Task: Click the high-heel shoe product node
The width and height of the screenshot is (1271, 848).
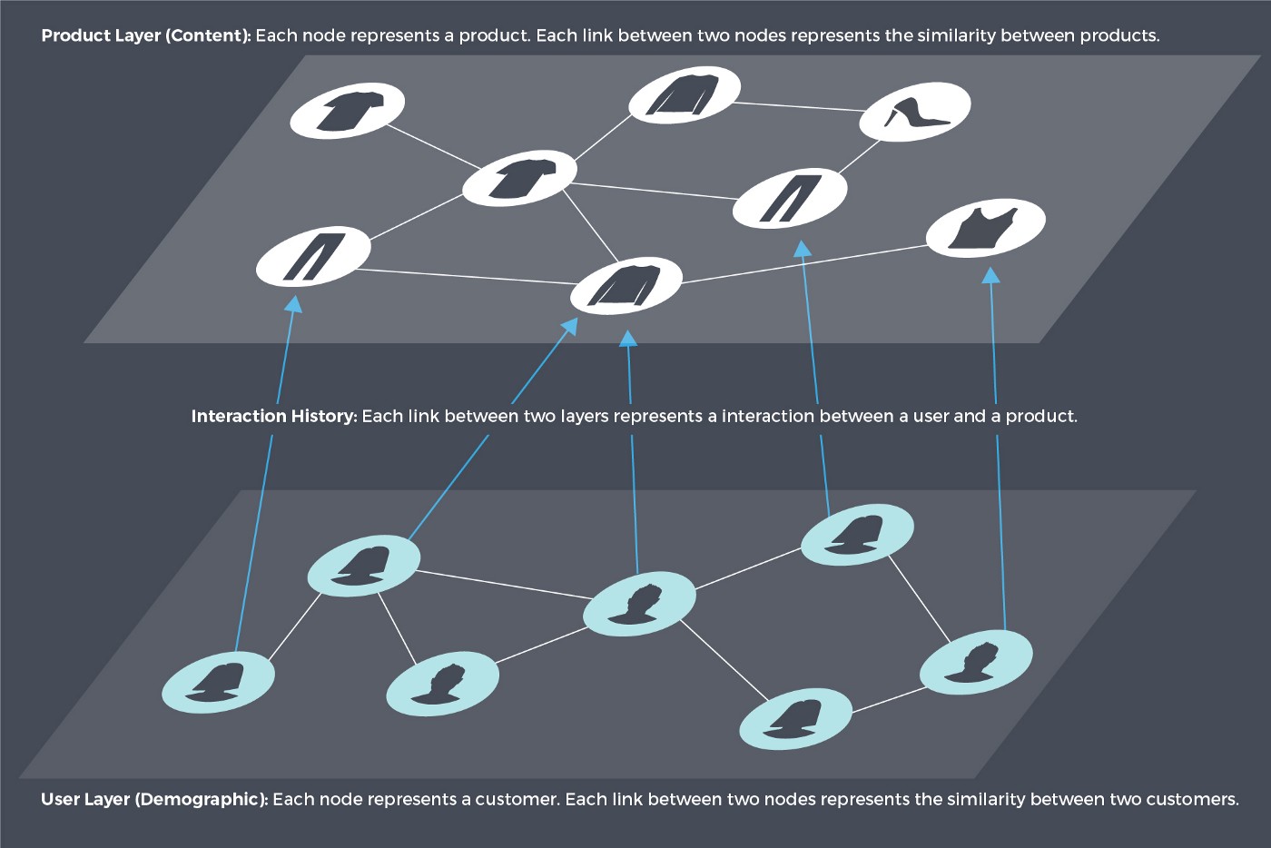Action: point(915,112)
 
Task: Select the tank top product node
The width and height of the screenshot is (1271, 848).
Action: point(986,228)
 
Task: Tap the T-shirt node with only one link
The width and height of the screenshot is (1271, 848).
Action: point(347,110)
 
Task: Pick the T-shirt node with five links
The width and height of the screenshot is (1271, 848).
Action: point(519,178)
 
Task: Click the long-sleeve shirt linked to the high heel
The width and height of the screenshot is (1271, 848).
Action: point(685,94)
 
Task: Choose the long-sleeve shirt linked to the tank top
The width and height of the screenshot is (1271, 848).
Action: point(626,285)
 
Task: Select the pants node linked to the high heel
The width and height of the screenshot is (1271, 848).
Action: point(789,198)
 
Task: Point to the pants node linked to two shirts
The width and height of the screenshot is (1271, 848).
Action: point(313,256)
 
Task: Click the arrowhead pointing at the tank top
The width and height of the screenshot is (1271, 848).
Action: point(990,275)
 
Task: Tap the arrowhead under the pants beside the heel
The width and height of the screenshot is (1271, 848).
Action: point(802,249)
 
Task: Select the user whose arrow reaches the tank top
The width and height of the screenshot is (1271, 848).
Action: point(976,662)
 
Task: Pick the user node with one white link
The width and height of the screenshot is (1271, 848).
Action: point(218,681)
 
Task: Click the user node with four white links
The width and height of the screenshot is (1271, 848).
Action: point(639,604)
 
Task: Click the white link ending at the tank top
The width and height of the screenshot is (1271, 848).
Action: point(804,264)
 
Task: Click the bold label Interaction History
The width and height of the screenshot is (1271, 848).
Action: point(274,416)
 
